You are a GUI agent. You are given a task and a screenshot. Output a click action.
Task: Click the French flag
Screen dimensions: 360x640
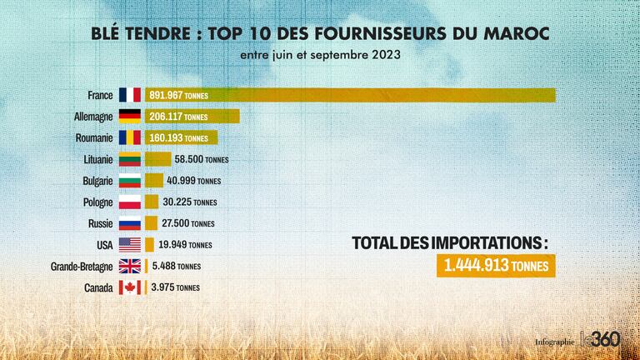(x=130, y=95)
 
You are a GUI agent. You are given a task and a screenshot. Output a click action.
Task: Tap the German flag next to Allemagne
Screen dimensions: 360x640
(x=130, y=117)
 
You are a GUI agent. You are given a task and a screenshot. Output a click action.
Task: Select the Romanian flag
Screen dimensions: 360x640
(x=130, y=137)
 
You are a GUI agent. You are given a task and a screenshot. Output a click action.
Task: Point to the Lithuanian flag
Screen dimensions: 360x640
(x=130, y=159)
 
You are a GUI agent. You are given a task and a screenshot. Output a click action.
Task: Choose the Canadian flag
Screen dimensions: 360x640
(x=130, y=287)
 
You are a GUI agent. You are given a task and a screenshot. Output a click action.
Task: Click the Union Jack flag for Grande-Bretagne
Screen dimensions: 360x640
(x=130, y=267)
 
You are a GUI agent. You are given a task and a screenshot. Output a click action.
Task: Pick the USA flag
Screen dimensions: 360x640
(x=130, y=245)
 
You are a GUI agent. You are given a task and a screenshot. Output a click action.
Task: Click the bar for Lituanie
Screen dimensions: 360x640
(x=158, y=159)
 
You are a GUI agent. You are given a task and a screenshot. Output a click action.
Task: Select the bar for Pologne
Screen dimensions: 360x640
(x=152, y=202)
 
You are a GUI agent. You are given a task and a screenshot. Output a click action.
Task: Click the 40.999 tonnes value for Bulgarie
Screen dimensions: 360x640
(x=193, y=181)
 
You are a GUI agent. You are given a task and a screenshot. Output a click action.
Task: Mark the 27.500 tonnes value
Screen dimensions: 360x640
(x=188, y=223)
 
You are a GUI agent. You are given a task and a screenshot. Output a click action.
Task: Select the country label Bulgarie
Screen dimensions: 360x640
(x=98, y=181)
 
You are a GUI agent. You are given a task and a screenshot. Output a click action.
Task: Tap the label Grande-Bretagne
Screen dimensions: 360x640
(x=82, y=267)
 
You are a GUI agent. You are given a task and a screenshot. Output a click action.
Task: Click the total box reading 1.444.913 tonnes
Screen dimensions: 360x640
(x=495, y=267)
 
